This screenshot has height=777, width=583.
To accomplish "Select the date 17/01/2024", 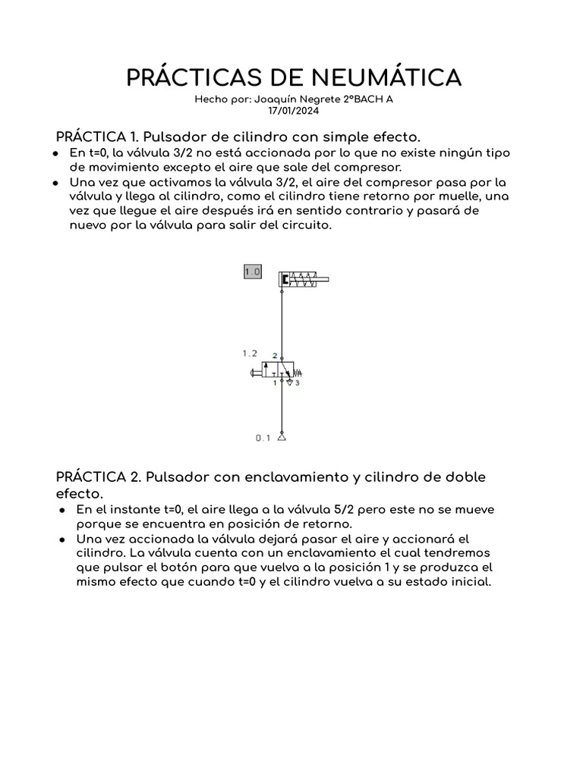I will pyautogui.click(x=293, y=111).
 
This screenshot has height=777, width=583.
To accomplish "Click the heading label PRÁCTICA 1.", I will pyautogui.click(x=96, y=137).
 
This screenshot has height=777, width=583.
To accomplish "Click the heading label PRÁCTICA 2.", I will pyautogui.click(x=97, y=477).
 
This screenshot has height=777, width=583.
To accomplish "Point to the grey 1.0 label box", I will pyautogui.click(x=252, y=271).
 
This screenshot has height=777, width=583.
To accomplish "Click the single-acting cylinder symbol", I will pyautogui.click(x=304, y=280).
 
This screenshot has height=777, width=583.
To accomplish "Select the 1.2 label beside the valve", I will pyautogui.click(x=250, y=353).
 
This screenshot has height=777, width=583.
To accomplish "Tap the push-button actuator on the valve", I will pyautogui.click(x=254, y=372).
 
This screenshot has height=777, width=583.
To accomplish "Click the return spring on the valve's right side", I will pyautogui.click(x=298, y=372).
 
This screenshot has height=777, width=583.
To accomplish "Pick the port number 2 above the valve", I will pyautogui.click(x=275, y=355).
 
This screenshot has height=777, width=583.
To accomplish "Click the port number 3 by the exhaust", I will pyautogui.click(x=297, y=384).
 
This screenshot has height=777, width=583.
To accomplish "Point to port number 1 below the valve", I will pyautogui.click(x=275, y=384).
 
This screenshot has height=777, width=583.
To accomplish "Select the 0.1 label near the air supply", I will pyautogui.click(x=263, y=438).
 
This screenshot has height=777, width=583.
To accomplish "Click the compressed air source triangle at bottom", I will pyautogui.click(x=282, y=436).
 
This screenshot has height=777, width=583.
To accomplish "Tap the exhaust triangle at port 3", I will pyautogui.click(x=288, y=382).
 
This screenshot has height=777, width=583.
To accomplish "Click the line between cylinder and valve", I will pyautogui.click(x=282, y=319).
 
